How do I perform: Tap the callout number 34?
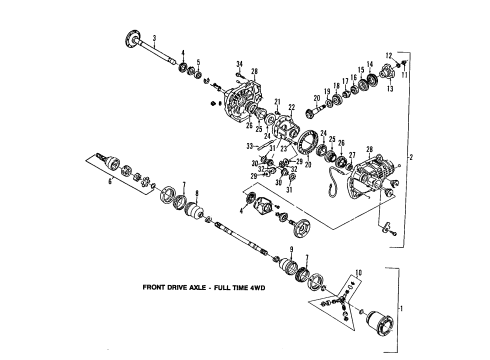pyautogui.click(x=240, y=64)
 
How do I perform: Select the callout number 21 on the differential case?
pyautogui.click(x=277, y=101)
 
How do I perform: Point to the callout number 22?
pyautogui.click(x=292, y=108)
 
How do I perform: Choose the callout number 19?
pyautogui.click(x=326, y=92)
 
